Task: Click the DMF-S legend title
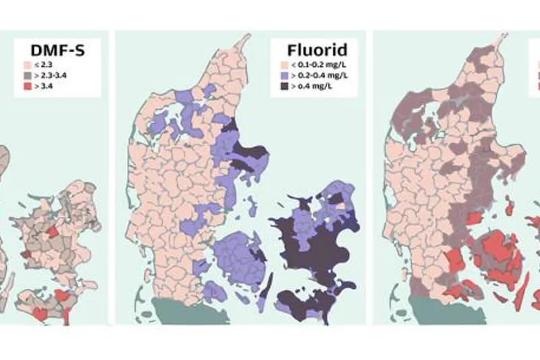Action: click(x=57, y=50)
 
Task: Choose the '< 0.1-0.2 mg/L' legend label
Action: click(x=317, y=65)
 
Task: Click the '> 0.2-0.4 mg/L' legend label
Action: click(x=318, y=76)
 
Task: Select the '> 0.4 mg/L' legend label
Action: click(x=311, y=86)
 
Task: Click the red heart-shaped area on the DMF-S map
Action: click(x=41, y=313)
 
